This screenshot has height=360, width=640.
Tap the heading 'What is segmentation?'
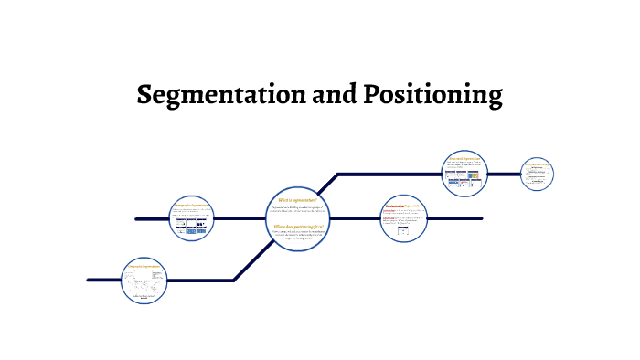tap(297, 198)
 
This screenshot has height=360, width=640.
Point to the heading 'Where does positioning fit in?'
tap(298, 225)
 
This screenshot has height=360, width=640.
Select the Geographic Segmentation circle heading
tap(145, 266)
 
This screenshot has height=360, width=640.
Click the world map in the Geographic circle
tap(140, 283)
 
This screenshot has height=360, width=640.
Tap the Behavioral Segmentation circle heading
tap(465, 158)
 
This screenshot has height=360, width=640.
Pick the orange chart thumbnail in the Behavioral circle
tap(475, 176)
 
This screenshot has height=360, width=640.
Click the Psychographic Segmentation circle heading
tap(403, 206)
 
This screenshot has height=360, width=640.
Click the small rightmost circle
tap(538, 174)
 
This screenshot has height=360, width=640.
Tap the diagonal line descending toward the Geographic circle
tap(249, 264)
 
